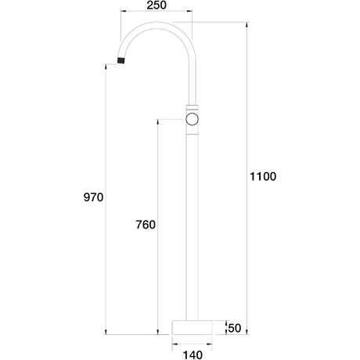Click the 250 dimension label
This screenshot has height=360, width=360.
pos(157,5)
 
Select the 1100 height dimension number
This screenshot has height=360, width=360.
pos(263,176)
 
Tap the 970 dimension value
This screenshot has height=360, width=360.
pos(93,197)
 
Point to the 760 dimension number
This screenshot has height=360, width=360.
pos(146,225)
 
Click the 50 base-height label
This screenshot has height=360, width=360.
pos(235,328)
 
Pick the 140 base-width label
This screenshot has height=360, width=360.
pos(193,355)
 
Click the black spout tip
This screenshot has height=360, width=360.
pos(121,60)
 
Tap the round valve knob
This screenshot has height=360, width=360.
pos(192,119)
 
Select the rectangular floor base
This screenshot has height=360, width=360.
pos(192,327)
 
